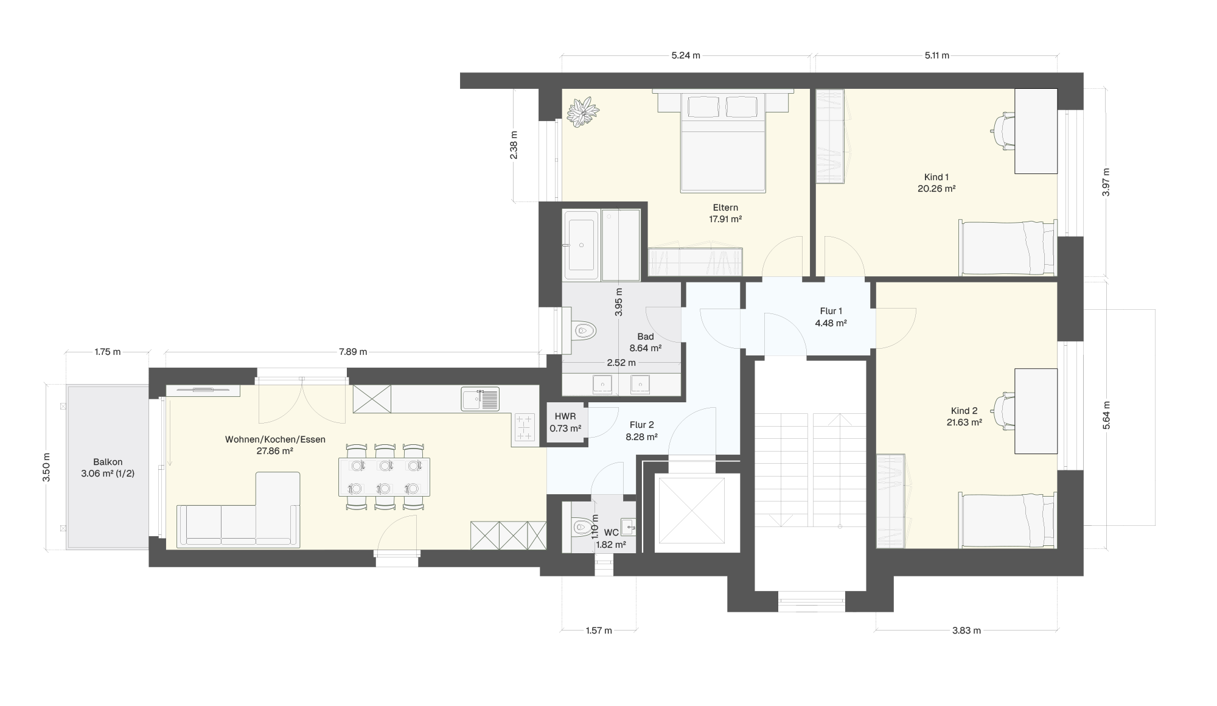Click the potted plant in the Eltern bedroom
click(x=583, y=112)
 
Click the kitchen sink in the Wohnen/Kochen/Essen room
click(x=480, y=399)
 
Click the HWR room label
click(x=565, y=416)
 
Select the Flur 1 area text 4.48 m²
click(x=831, y=323)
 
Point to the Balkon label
click(x=108, y=462)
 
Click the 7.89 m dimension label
click(x=353, y=352)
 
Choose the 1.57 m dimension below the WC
click(x=599, y=631)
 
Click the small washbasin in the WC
click(x=628, y=525)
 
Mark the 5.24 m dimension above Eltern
click(x=686, y=55)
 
